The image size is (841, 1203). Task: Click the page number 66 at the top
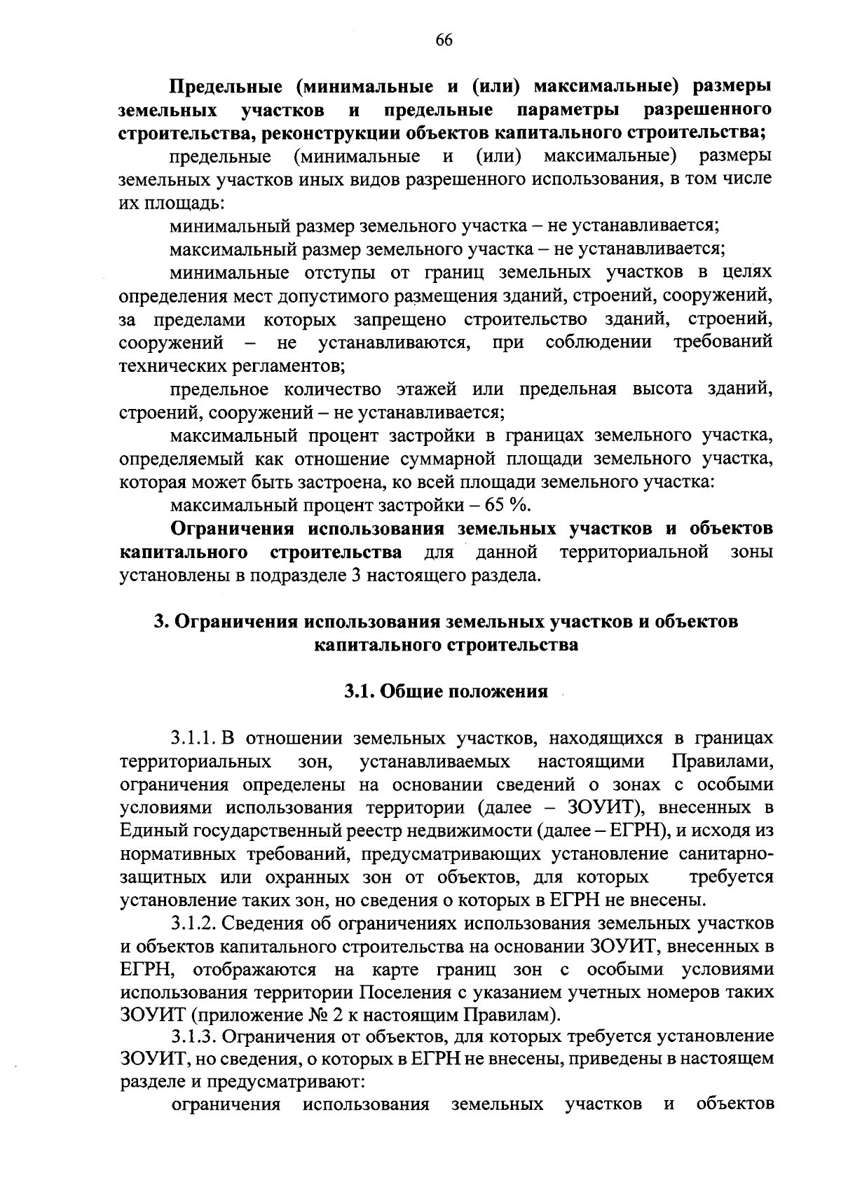(x=444, y=40)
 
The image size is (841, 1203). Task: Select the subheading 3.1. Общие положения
(x=445, y=692)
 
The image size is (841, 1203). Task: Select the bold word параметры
(x=567, y=110)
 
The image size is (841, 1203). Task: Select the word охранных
(x=307, y=877)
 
